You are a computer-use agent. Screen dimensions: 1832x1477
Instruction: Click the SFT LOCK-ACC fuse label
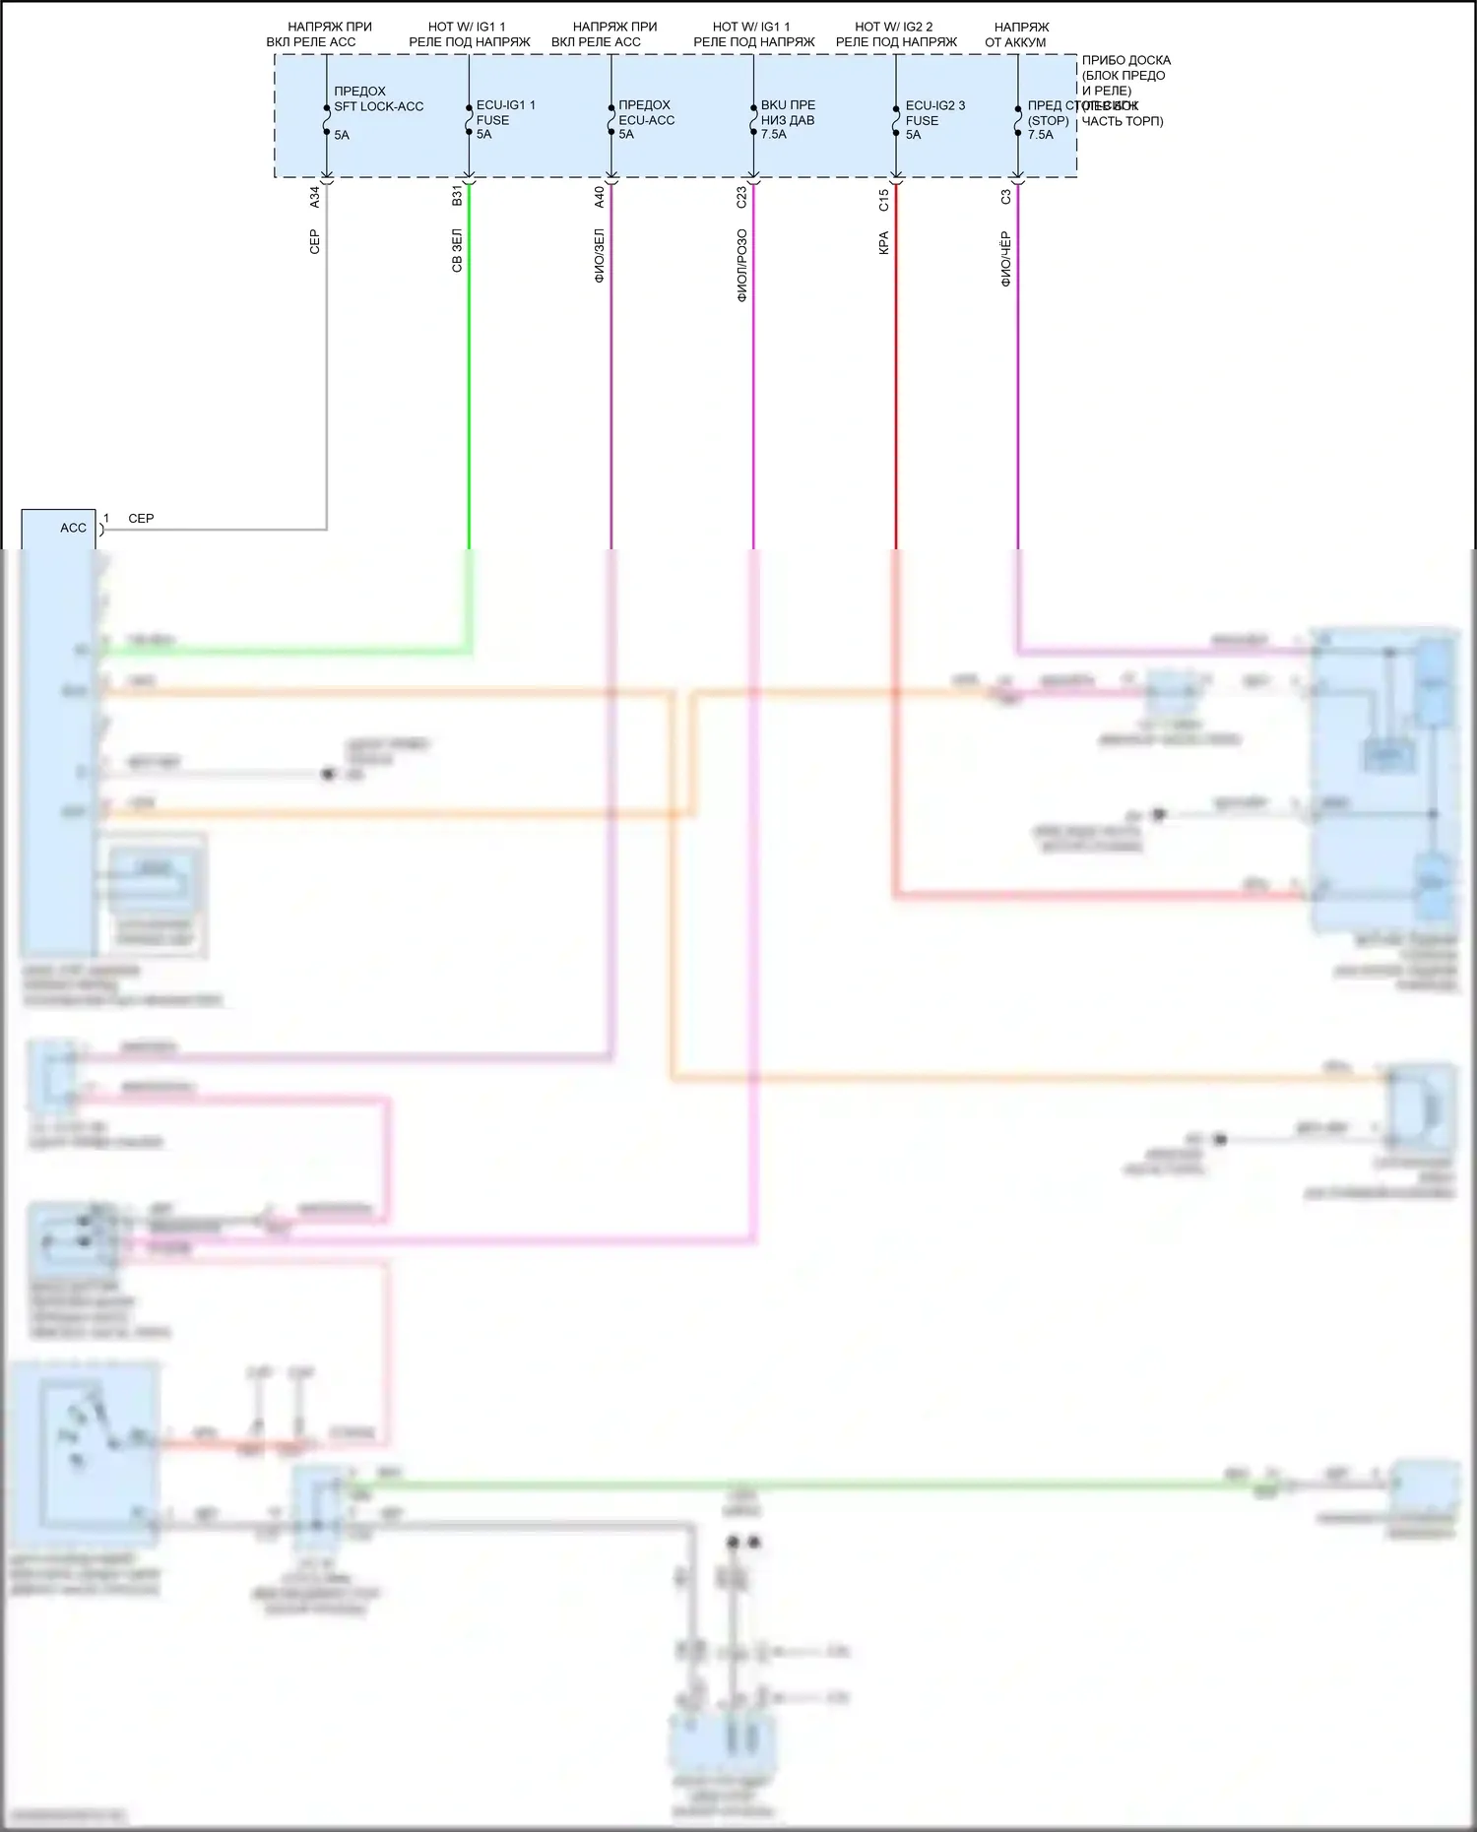pos(378,106)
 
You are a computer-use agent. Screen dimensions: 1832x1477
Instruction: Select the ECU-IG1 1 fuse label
pos(505,105)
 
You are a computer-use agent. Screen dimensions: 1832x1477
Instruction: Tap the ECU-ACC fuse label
pos(646,120)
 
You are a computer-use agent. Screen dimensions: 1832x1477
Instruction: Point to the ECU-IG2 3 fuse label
pos(934,105)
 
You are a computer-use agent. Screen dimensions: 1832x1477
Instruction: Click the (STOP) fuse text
pos(1048,121)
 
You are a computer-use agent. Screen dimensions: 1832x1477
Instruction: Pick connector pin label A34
pos(315,197)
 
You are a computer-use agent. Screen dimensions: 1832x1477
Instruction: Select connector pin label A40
pos(600,197)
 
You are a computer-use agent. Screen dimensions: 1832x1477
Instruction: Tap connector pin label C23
pos(741,197)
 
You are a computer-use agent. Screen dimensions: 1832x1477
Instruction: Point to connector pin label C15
pos(884,200)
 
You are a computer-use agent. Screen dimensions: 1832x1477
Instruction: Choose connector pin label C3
pos(1005,197)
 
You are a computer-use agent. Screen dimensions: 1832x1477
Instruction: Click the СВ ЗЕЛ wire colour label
pos(457,251)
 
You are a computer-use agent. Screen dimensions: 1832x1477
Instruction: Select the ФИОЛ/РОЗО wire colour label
pos(741,265)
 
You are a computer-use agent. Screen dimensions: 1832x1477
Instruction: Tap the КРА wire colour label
pos(884,243)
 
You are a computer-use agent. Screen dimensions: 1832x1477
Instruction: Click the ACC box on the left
pos(59,529)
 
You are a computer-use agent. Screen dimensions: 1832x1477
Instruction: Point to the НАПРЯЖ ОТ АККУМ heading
pos(1017,34)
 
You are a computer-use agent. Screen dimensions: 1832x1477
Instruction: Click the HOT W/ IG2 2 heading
pos(894,27)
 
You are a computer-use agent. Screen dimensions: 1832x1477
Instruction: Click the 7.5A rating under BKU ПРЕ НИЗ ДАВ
pos(774,135)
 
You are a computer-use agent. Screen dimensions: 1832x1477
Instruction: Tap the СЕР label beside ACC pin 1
pos(141,519)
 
